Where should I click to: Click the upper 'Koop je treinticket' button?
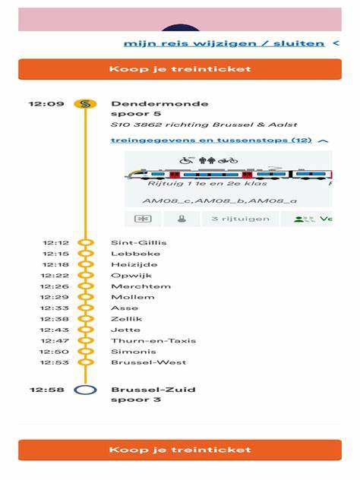pyautogui.click(x=179, y=69)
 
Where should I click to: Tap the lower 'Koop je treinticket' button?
pyautogui.click(x=179, y=450)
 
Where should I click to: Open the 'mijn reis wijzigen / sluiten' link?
pyautogui.click(x=224, y=43)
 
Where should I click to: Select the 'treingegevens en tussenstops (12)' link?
pyautogui.click(x=211, y=140)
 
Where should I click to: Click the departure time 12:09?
pyautogui.click(x=46, y=103)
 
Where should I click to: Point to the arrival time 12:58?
pyautogui.click(x=46, y=390)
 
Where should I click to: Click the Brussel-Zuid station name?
pyautogui.click(x=153, y=390)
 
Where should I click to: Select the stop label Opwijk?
pyautogui.click(x=127, y=275)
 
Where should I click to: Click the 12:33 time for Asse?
pyautogui.click(x=56, y=308)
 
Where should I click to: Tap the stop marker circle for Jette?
pyautogui.click(x=86, y=330)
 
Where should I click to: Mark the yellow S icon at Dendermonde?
pyautogui.click(x=86, y=104)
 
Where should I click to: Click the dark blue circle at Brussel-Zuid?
pyautogui.click(x=86, y=390)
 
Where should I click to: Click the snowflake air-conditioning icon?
pyautogui.click(x=143, y=219)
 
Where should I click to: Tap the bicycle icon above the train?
pyautogui.click(x=228, y=160)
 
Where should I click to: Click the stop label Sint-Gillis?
pyautogui.click(x=139, y=242)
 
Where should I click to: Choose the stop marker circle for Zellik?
pyautogui.click(x=86, y=319)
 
